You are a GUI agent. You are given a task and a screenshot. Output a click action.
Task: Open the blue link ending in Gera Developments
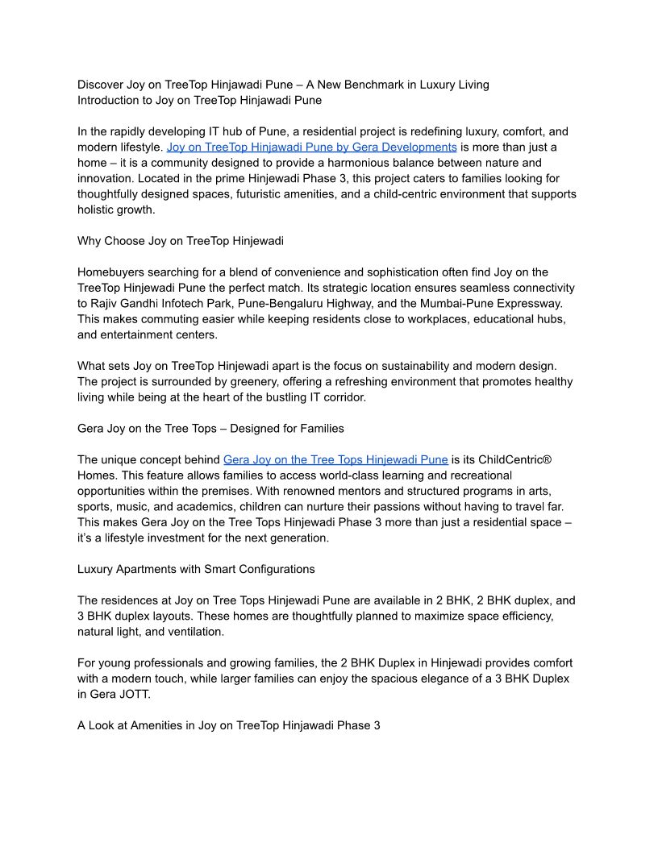point(311,147)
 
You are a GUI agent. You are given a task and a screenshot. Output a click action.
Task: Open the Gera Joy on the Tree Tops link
point(335,460)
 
